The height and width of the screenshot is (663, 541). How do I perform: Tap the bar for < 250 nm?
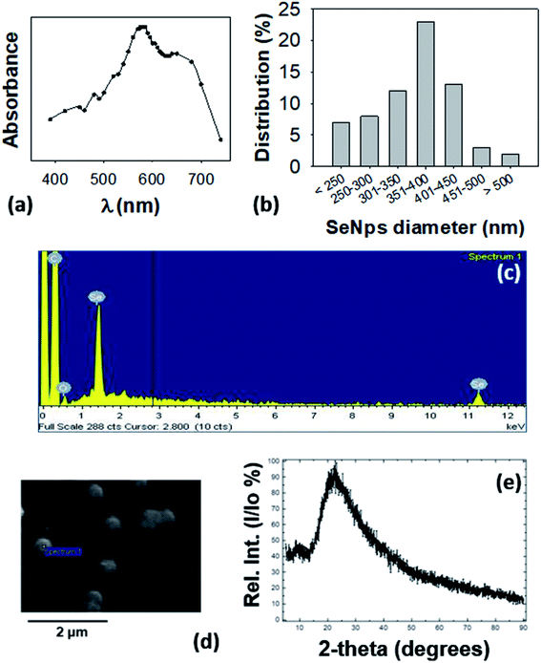pos(341,143)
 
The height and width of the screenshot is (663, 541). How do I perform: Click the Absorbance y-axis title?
pos(13,88)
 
